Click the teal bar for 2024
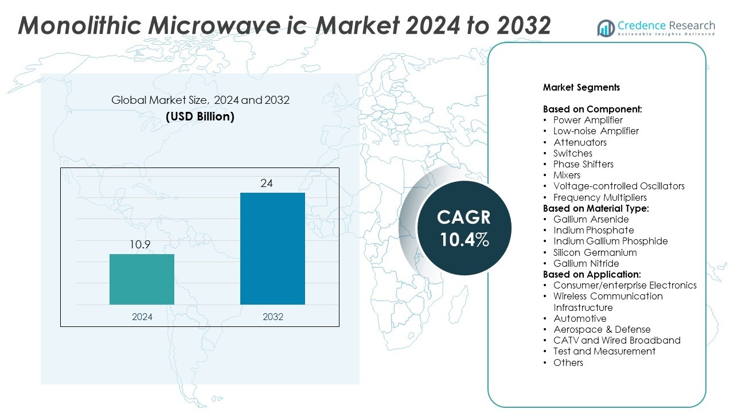click(x=142, y=279)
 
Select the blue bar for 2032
click(x=272, y=248)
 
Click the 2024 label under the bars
click(x=142, y=317)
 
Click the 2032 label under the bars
click(x=272, y=317)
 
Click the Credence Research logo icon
click(x=606, y=28)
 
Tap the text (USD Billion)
click(x=200, y=116)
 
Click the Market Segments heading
click(x=581, y=88)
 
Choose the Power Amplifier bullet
click(x=588, y=120)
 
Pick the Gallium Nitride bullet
click(x=586, y=263)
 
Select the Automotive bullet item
click(x=580, y=318)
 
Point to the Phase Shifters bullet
click(x=583, y=164)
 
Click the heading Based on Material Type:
click(x=596, y=208)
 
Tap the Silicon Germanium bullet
click(x=595, y=252)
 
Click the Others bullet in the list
click(x=568, y=363)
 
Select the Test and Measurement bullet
click(x=604, y=351)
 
